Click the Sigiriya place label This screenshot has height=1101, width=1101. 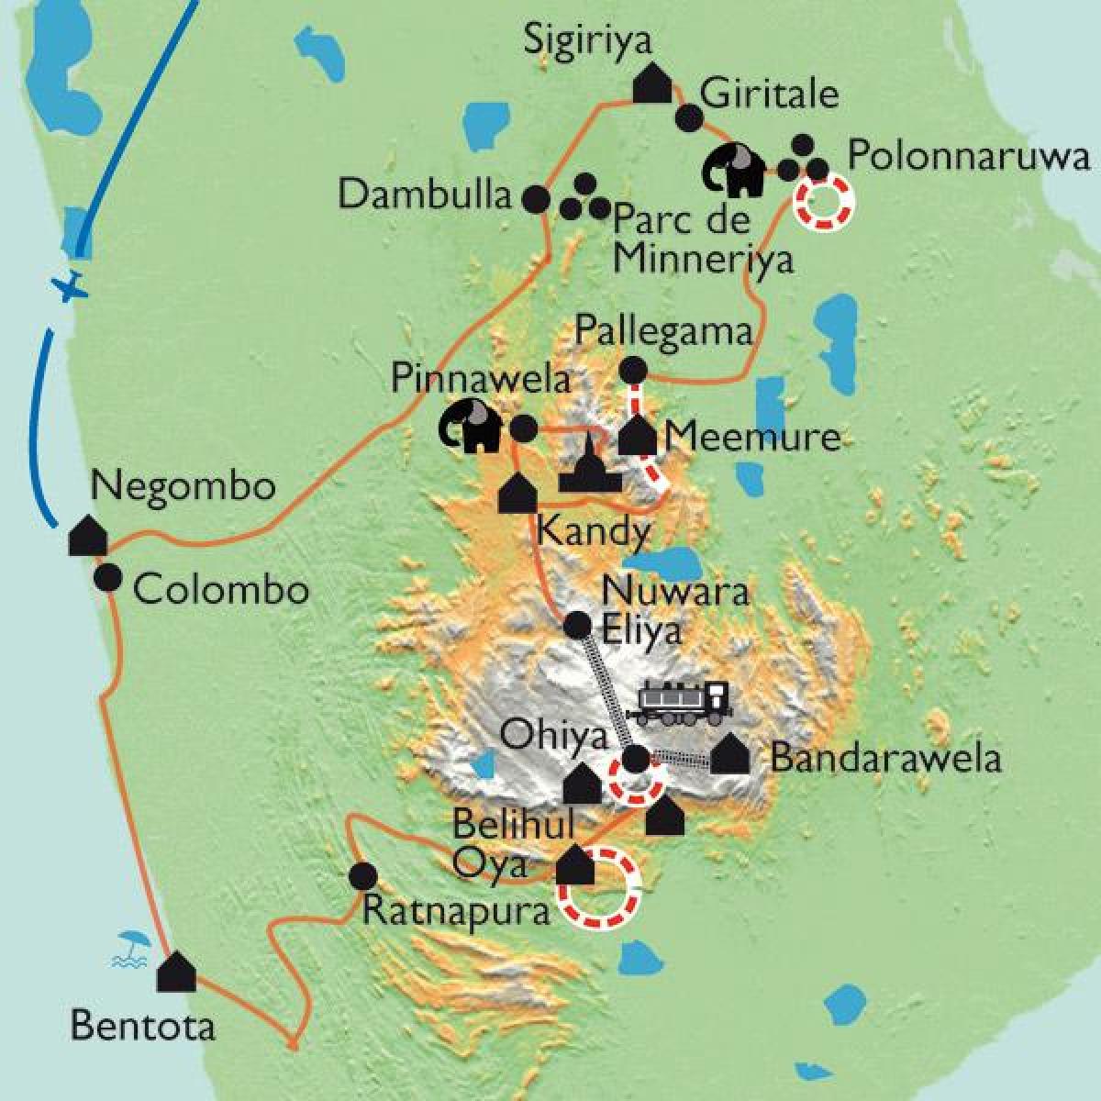(x=587, y=41)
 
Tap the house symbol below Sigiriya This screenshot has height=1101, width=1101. (x=653, y=83)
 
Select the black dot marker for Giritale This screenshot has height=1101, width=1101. (x=688, y=117)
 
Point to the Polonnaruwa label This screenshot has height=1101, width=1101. (x=968, y=156)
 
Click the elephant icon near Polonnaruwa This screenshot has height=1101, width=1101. (x=734, y=169)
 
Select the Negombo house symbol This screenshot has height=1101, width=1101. (x=88, y=536)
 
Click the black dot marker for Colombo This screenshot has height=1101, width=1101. (x=108, y=577)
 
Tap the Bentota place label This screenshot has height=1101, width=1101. (x=143, y=1025)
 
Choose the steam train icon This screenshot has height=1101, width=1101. (x=679, y=701)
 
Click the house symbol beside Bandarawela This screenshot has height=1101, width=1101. (x=730, y=754)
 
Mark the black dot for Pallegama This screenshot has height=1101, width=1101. (x=633, y=370)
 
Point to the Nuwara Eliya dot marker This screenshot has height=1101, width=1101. (x=577, y=625)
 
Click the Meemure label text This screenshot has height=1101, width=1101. (x=752, y=438)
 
